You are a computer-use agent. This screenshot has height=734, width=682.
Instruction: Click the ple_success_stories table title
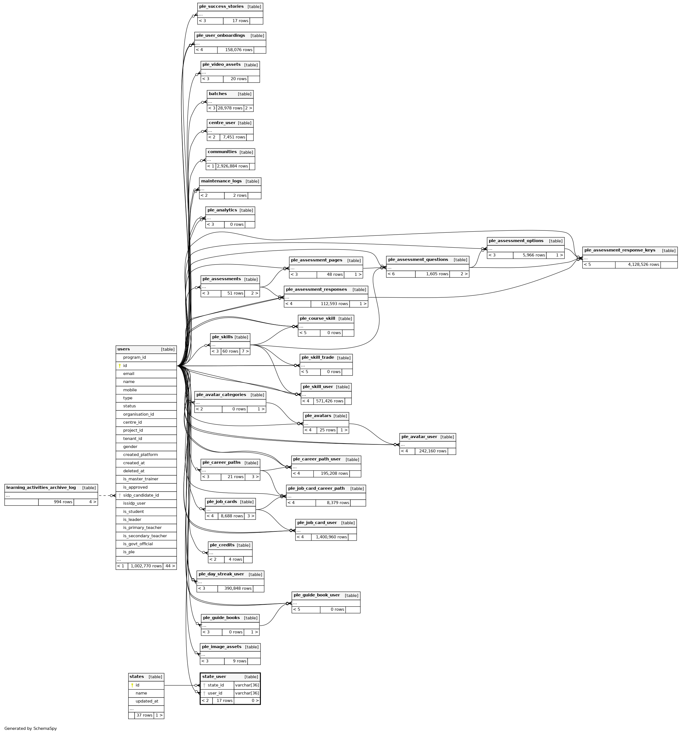tap(221, 7)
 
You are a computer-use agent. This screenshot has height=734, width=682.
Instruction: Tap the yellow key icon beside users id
tap(120, 366)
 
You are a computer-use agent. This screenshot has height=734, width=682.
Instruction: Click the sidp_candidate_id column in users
tap(141, 495)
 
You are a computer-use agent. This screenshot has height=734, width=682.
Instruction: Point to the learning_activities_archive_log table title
tap(41, 487)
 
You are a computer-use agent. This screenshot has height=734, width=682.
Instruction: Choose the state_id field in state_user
tap(216, 685)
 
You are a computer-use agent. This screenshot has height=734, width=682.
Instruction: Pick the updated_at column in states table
tap(146, 701)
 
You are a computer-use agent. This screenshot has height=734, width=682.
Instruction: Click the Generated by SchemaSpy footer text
tap(31, 728)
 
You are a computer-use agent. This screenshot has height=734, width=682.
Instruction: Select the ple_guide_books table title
tap(221, 618)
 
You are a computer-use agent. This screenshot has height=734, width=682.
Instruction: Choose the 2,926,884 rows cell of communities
tap(232, 166)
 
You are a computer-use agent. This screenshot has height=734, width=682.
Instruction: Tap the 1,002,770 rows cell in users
tap(146, 566)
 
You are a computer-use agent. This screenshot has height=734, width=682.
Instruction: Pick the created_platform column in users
tap(140, 455)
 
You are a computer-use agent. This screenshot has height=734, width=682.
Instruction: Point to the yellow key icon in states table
tap(132, 685)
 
